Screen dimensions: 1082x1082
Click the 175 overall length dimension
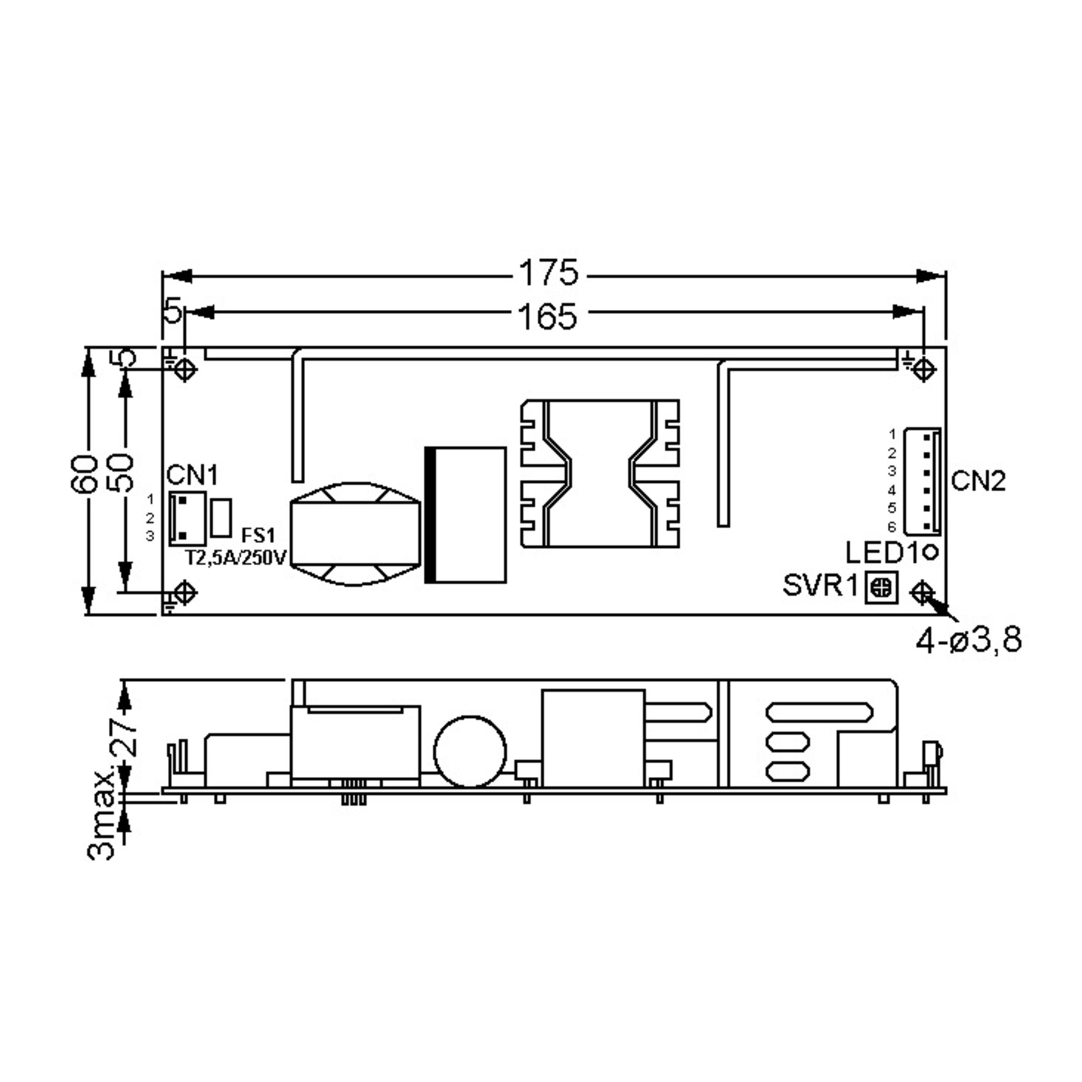pyautogui.click(x=548, y=273)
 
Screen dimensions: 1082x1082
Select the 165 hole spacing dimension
pyautogui.click(x=547, y=316)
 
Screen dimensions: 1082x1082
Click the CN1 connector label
pyautogui.click(x=192, y=476)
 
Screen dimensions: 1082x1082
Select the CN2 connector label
pyautogui.click(x=978, y=481)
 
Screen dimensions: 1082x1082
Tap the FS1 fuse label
pyautogui.click(x=258, y=536)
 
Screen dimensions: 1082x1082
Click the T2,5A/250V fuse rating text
pyautogui.click(x=236, y=558)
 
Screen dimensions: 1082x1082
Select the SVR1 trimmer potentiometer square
pyautogui.click(x=881, y=587)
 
